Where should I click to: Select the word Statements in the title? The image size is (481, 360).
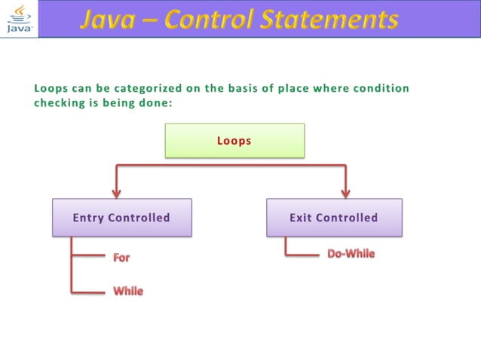[332, 20]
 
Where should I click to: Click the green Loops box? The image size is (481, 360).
[234, 141]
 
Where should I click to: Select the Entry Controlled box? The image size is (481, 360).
[121, 218]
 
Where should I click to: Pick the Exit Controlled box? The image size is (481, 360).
[334, 218]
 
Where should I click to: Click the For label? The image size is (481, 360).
[121, 258]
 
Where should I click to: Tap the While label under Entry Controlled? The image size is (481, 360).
[128, 291]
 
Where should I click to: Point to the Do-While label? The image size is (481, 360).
[351, 254]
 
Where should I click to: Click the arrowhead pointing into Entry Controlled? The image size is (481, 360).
[115, 191]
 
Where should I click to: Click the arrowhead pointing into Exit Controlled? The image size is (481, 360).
[346, 191]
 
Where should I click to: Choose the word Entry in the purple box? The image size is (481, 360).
[89, 218]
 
